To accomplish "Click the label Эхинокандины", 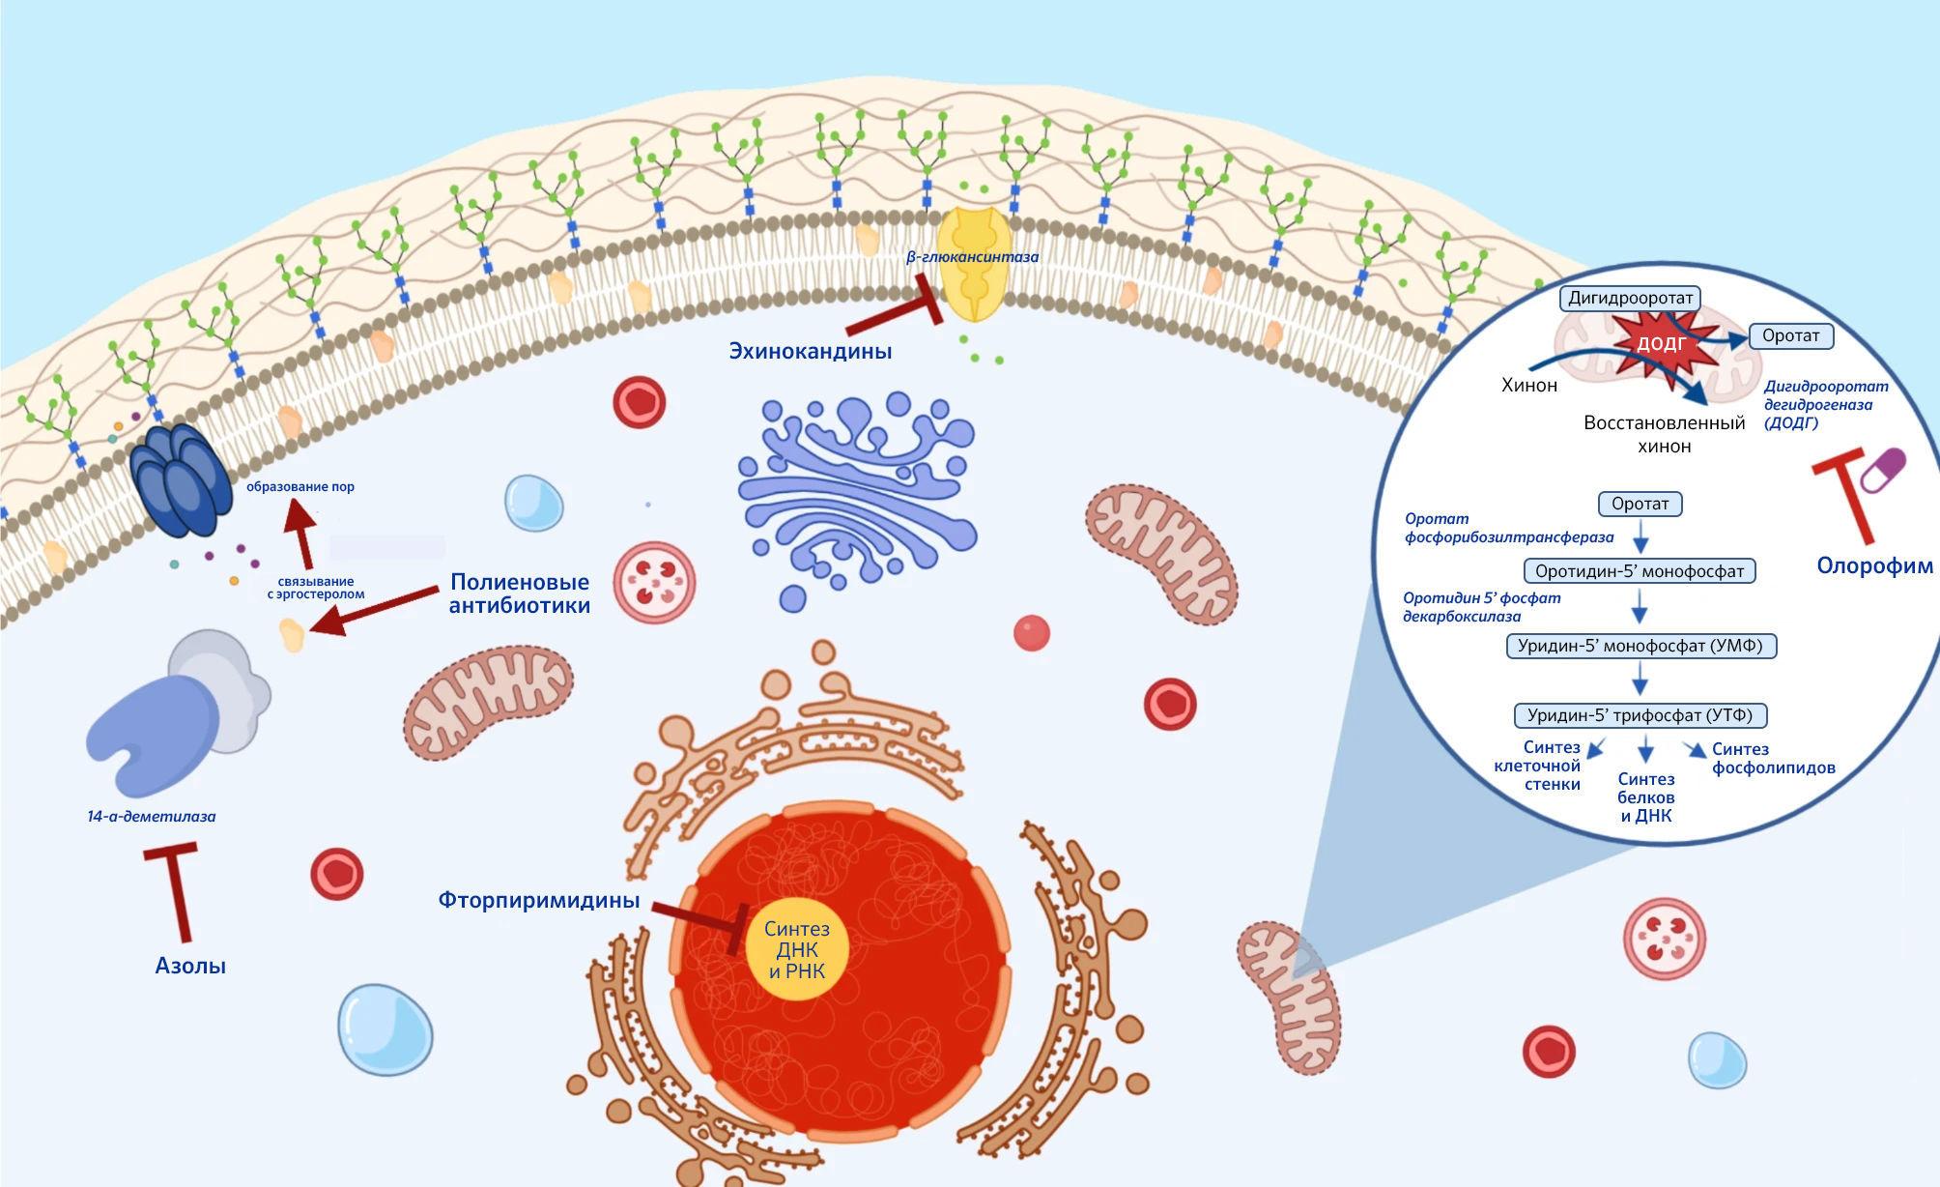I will (810, 351).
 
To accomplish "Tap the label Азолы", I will (190, 966).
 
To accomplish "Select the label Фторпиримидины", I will (539, 901).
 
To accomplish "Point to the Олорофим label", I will (1874, 566).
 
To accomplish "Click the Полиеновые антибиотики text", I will (520, 593).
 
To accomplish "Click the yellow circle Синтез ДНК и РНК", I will (797, 950).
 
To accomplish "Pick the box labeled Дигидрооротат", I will (1630, 298).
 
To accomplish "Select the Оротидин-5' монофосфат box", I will (1640, 571).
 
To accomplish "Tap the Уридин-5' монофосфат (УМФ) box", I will (1640, 646).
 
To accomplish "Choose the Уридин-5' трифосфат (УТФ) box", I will (1640, 715).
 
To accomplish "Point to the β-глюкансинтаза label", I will (972, 257).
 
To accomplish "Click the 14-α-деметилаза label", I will (152, 817).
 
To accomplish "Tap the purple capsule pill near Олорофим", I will (1883, 471).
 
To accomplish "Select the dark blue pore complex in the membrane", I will (182, 480).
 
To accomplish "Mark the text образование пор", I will (300, 487).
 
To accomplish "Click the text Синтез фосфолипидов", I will (1772, 759).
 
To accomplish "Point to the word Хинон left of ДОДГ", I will (1529, 386).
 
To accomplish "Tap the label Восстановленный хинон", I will (1664, 434).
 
